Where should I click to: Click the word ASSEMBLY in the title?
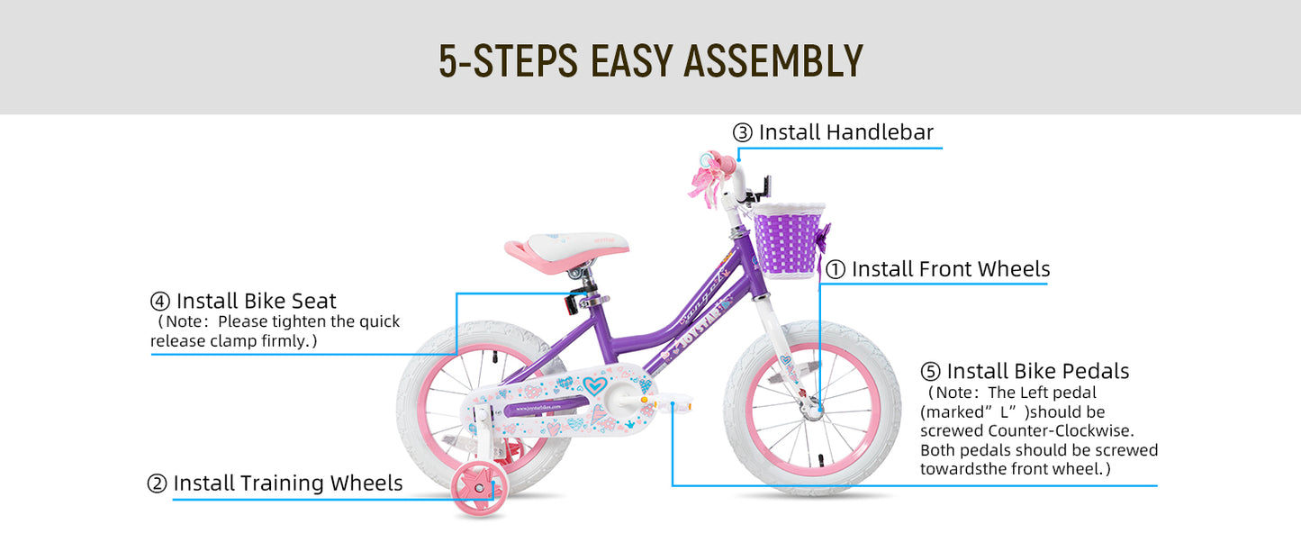pos(773,60)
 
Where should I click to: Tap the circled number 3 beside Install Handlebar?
pos(743,133)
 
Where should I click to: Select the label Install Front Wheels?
pos(951,269)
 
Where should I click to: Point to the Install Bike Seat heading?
pos(256,301)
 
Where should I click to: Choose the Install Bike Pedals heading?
pos(1037,371)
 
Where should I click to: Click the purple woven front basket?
pos(788,239)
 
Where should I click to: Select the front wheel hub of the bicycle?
pos(814,411)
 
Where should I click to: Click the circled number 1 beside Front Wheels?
pos(836,270)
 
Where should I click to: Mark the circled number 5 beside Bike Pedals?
pos(931,372)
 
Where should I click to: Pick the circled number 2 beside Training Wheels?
pos(158,484)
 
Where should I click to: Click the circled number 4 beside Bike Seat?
pos(160,302)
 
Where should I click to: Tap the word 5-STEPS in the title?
pos(508,60)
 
